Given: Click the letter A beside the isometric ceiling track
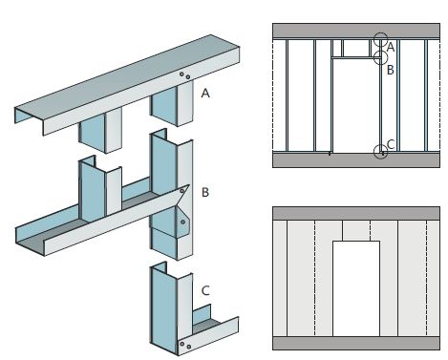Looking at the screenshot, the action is coord(205,94).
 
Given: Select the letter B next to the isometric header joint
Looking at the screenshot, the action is coord(205,192).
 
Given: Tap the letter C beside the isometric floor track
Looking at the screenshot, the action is coord(205,290).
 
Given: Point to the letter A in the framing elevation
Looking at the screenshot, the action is coord(391,48).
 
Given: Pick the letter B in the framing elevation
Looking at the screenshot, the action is coord(391,70).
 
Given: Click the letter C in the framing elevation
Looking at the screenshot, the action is coord(391,144).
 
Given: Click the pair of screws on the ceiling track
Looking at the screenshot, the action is coord(184,75).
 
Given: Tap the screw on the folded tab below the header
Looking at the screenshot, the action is coord(182,222).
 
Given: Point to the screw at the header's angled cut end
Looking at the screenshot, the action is coord(181,191).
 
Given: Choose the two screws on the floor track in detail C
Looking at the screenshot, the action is coord(185,345).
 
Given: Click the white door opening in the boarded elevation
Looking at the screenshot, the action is coord(356,288).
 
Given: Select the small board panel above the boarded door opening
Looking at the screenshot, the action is coord(356,230).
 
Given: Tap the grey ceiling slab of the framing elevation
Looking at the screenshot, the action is coord(356,31).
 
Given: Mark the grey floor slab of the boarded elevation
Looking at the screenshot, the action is coord(356,343).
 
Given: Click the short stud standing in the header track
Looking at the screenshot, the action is coord(100,188).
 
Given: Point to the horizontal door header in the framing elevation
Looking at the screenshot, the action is coord(356,57).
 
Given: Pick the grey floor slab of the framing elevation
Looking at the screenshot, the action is coord(356,160).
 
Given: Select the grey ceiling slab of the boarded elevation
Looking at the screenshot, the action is coord(356,213).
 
